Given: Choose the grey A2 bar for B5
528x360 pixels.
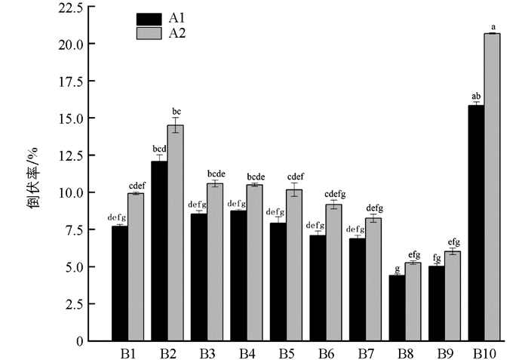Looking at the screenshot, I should pos(294,265).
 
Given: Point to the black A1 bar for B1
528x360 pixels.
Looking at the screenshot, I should pos(119,283).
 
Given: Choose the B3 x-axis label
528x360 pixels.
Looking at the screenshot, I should pos(207,353).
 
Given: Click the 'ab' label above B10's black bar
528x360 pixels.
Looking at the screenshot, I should pos(476,96).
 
